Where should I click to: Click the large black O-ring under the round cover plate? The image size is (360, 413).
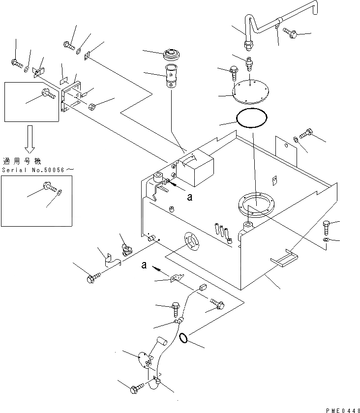point(252,118)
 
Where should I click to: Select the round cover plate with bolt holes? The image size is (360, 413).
point(250,91)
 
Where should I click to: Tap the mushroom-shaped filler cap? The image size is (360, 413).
point(172,55)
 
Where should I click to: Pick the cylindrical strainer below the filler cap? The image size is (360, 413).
point(171,76)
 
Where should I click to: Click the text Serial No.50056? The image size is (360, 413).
point(33,170)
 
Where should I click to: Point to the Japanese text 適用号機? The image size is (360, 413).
point(22,161)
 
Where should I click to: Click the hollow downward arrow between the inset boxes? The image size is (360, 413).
point(30,139)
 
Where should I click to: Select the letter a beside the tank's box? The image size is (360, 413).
point(190,197)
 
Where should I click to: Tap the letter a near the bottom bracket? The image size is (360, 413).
point(144,265)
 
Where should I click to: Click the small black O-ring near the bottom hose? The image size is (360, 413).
point(183,338)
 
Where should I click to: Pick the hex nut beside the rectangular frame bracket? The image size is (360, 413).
point(91,107)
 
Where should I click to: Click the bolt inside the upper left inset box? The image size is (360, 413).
point(49,93)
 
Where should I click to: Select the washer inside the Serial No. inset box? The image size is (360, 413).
point(60,192)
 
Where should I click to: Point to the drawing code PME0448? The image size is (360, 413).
point(343,411)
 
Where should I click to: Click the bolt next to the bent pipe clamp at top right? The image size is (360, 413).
point(290,32)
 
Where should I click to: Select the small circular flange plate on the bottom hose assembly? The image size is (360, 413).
point(145,360)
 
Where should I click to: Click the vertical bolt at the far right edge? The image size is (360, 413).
point(326,228)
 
